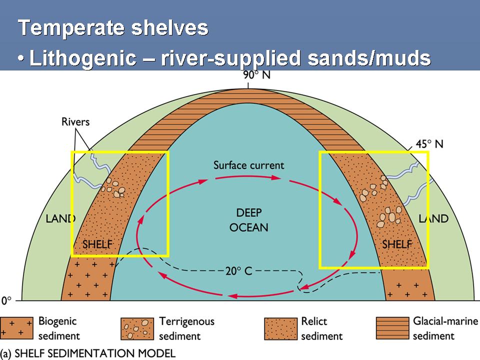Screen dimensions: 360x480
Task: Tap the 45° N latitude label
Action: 428,144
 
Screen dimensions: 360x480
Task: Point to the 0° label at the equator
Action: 6,301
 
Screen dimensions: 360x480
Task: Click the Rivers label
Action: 75,121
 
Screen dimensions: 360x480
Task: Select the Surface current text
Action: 248,165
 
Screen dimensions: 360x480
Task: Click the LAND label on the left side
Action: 60,218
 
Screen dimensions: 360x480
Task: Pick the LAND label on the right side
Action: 433,218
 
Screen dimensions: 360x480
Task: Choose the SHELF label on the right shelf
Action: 397,244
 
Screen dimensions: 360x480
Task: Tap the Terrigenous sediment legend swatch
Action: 137,328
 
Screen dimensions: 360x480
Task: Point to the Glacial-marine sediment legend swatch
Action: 392,328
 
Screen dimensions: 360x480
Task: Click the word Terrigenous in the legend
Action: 186,321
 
